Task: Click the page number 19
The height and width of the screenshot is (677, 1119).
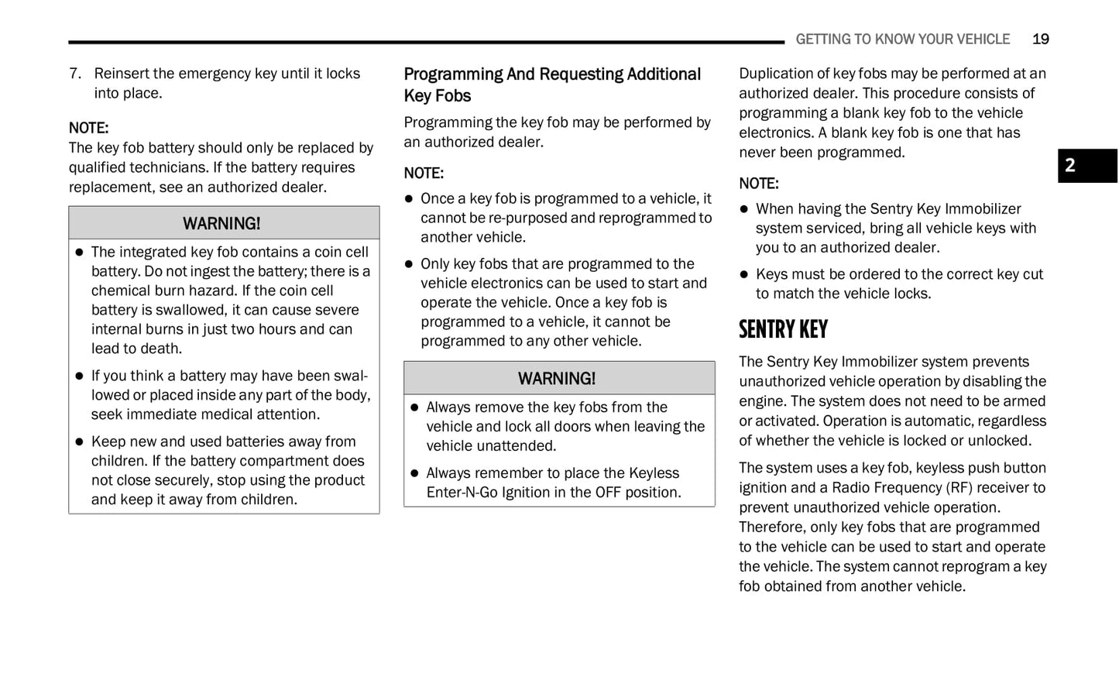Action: (1040, 40)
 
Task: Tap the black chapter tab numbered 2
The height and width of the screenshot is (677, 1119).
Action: (1086, 166)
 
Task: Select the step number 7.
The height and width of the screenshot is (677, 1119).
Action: (74, 74)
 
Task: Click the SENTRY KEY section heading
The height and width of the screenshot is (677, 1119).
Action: (783, 330)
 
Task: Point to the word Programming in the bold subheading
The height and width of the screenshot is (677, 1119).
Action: (453, 74)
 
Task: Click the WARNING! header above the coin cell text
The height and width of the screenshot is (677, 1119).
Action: (221, 224)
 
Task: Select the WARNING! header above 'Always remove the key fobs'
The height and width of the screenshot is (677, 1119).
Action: (557, 379)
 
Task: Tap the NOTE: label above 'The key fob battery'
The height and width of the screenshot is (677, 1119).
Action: (88, 128)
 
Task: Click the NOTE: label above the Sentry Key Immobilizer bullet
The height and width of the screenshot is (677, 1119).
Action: (759, 184)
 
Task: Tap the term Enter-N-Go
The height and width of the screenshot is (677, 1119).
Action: (462, 493)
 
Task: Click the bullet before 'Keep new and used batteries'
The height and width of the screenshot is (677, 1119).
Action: (79, 442)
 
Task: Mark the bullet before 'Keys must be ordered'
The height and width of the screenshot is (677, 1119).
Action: (744, 274)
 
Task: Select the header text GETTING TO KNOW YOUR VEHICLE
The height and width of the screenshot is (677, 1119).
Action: (902, 40)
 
